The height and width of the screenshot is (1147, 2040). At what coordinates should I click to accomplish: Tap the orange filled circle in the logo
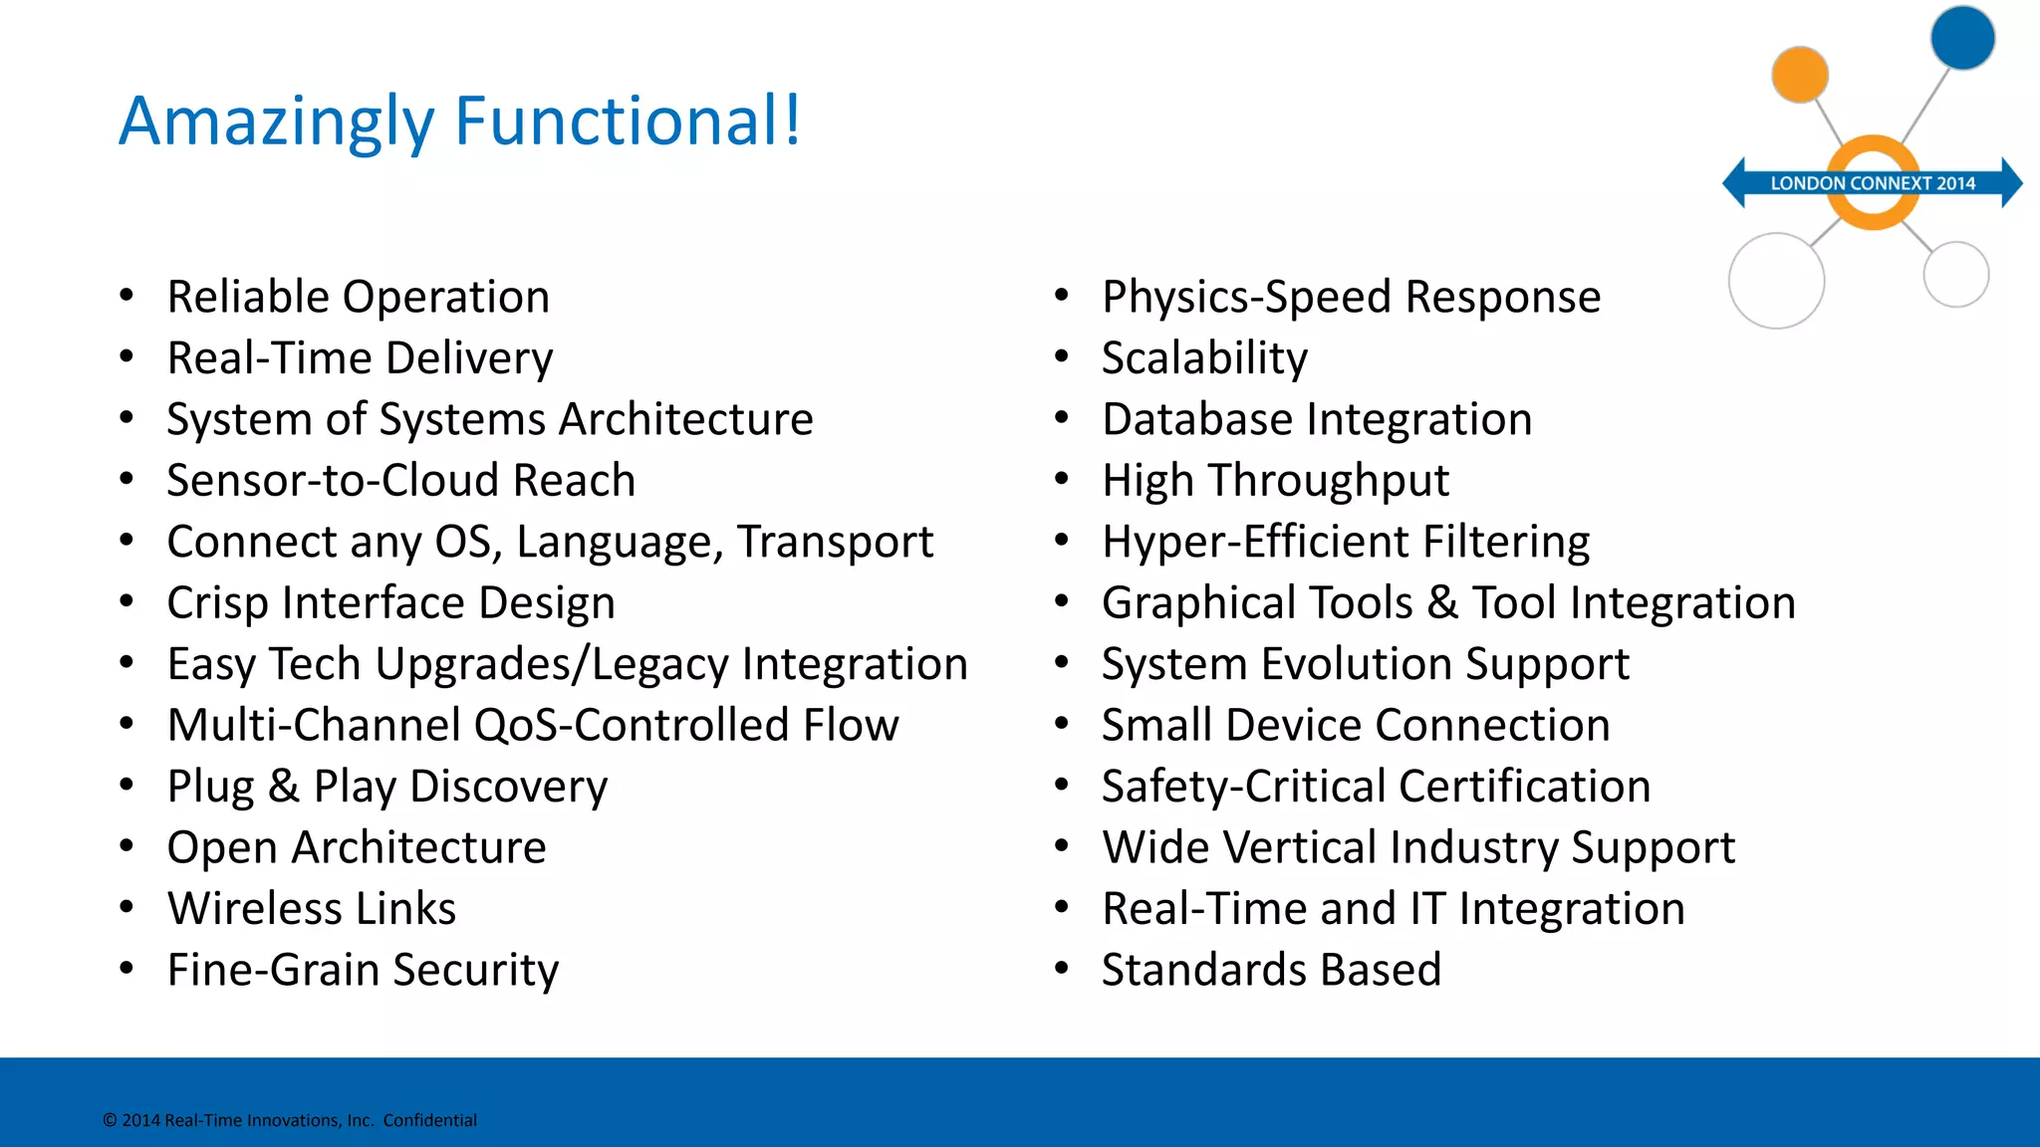[1800, 75]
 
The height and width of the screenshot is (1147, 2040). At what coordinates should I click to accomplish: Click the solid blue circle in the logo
[1962, 38]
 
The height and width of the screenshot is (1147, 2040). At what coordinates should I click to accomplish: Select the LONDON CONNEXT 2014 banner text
[1873, 183]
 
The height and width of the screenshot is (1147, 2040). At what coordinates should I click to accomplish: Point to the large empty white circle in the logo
[1776, 281]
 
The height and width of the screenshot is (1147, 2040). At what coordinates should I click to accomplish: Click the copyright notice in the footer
[289, 1120]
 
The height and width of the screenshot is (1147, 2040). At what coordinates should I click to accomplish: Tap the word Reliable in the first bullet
[248, 297]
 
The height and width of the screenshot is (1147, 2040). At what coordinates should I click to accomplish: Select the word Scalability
[1204, 358]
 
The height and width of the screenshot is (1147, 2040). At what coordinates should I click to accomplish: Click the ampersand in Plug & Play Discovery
[284, 787]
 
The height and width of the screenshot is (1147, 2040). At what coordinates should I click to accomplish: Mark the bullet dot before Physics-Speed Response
[1062, 296]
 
